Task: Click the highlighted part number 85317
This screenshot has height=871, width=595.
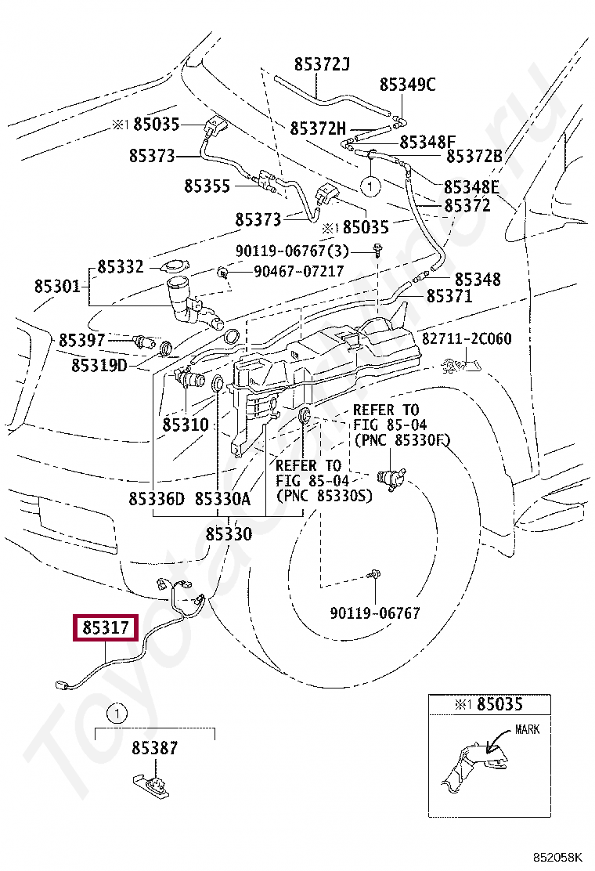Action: click(x=106, y=627)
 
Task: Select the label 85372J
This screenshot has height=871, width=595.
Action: click(x=322, y=64)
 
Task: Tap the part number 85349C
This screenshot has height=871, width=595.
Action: click(x=407, y=85)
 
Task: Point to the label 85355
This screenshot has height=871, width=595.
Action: click(x=207, y=186)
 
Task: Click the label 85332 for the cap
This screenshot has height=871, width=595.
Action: click(x=121, y=267)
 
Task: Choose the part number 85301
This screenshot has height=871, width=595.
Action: click(x=57, y=286)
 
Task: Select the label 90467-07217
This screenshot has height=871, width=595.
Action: click(x=298, y=271)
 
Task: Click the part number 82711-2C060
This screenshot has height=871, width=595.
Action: click(x=467, y=338)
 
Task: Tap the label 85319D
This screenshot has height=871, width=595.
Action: click(x=99, y=365)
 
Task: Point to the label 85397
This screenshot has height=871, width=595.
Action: click(x=81, y=340)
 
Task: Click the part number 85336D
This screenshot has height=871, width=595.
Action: click(x=157, y=499)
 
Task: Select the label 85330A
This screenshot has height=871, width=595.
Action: click(x=222, y=499)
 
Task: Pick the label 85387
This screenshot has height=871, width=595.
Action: click(x=155, y=748)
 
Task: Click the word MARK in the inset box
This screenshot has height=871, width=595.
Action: click(x=527, y=729)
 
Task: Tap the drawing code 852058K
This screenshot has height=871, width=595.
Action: click(x=557, y=857)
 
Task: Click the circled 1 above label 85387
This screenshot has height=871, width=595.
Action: click(x=117, y=714)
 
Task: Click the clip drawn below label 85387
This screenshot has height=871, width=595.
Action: click(x=153, y=785)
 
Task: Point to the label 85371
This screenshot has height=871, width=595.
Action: click(x=449, y=296)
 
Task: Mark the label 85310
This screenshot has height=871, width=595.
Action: click(x=186, y=425)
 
